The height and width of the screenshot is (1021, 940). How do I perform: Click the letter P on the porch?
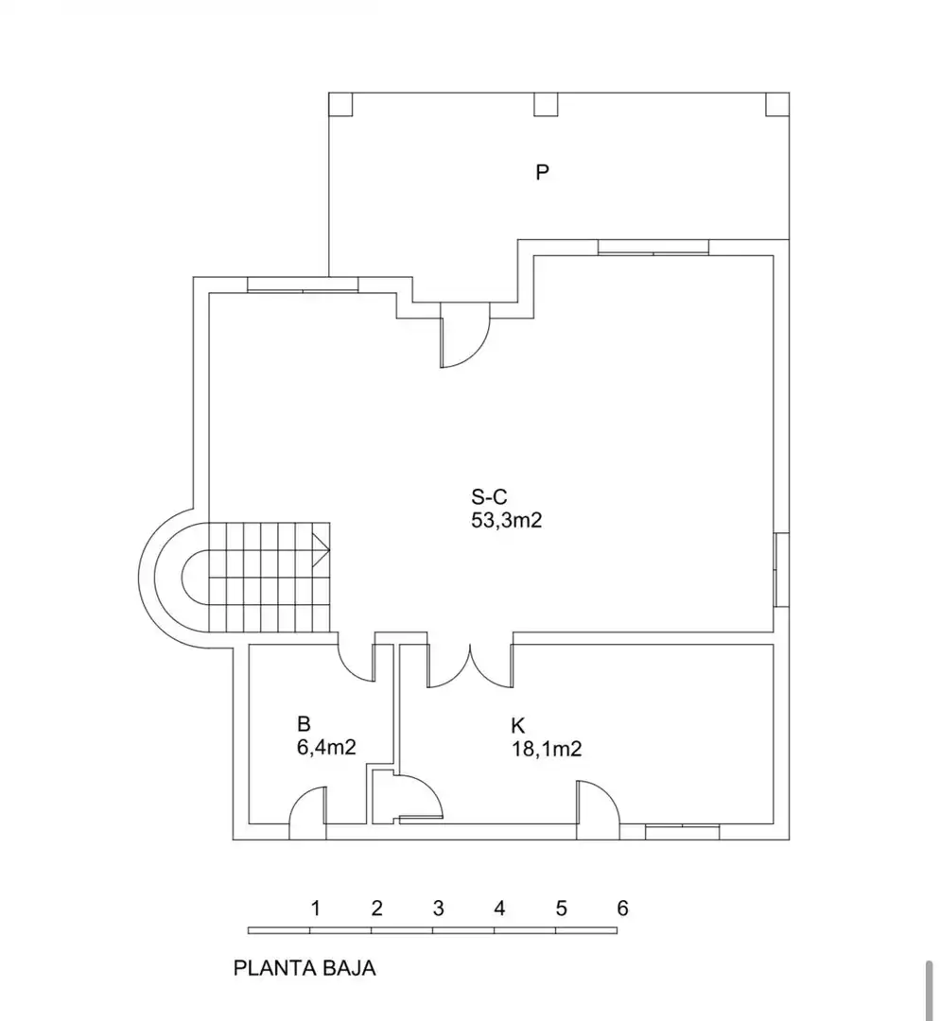point(542,172)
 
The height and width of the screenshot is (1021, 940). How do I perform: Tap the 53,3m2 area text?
point(507,521)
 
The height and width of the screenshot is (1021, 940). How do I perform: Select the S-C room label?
point(489,497)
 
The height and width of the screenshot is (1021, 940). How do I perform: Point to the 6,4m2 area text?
point(326,747)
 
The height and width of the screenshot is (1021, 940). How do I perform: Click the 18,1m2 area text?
point(547,749)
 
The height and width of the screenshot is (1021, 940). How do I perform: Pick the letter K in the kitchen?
point(518,725)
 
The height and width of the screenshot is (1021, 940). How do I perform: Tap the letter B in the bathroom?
point(304,723)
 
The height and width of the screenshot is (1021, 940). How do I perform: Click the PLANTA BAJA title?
point(305,968)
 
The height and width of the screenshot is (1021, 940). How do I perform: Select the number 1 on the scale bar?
point(316,908)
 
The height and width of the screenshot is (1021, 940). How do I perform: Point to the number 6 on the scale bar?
point(623,908)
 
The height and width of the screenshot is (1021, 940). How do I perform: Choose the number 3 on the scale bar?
point(439,908)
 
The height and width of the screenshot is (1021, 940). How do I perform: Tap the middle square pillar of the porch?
point(546,104)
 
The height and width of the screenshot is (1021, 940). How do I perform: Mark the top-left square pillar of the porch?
point(340,104)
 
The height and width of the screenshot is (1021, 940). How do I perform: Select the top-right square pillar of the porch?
point(777,104)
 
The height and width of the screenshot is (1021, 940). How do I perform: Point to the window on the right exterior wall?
point(782,570)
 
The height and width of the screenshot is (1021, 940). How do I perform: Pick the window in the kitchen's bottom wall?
point(683,832)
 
